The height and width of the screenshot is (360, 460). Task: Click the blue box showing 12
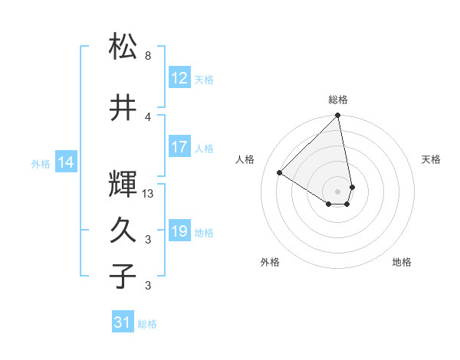[179, 78]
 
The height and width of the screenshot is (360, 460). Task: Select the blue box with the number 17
[179, 148]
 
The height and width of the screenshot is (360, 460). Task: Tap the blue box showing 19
[179, 232]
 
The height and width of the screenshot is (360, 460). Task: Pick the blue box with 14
[66, 162]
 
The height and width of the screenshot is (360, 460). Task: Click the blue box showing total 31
[123, 323]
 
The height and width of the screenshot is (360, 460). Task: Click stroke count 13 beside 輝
[149, 194]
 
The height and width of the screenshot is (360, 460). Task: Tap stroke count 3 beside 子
[148, 286]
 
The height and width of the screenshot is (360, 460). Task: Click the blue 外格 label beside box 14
[41, 163]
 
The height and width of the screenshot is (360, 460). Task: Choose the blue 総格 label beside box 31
[147, 324]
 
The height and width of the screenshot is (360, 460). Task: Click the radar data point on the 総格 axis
[337, 116]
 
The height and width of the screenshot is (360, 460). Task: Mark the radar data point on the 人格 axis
[280, 173]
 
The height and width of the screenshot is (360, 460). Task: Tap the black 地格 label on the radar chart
[402, 263]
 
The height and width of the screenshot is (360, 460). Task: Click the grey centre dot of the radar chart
[337, 191]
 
